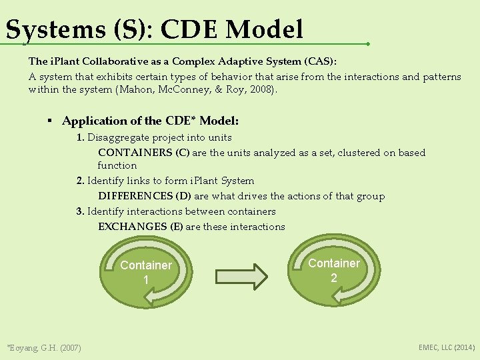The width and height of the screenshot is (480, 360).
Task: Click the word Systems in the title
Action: coord(49,29)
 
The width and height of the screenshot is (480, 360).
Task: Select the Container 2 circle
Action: coord(333,270)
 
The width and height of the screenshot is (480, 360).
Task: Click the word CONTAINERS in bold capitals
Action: coord(136,153)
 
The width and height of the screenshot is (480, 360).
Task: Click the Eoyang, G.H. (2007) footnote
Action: coord(43,347)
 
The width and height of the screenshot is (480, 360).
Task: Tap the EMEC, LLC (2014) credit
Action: coord(447,347)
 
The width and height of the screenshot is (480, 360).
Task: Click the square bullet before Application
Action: coord(49,121)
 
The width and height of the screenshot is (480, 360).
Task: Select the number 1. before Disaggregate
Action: coord(80,137)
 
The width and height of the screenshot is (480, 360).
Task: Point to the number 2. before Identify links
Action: coord(80,181)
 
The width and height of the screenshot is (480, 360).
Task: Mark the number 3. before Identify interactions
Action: coord(80,211)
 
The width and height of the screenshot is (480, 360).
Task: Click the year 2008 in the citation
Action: coord(262,89)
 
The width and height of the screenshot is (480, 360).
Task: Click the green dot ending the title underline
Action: coord(368,44)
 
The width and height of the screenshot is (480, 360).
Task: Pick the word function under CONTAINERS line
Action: coord(117,165)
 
